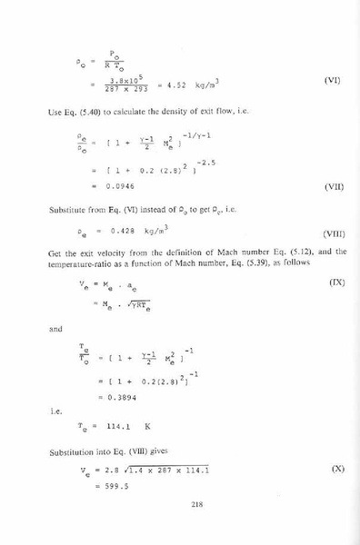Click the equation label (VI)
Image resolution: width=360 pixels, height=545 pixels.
[x=331, y=81]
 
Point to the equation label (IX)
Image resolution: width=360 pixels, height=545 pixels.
[x=334, y=283]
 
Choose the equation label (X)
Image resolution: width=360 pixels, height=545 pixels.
[x=333, y=471]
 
